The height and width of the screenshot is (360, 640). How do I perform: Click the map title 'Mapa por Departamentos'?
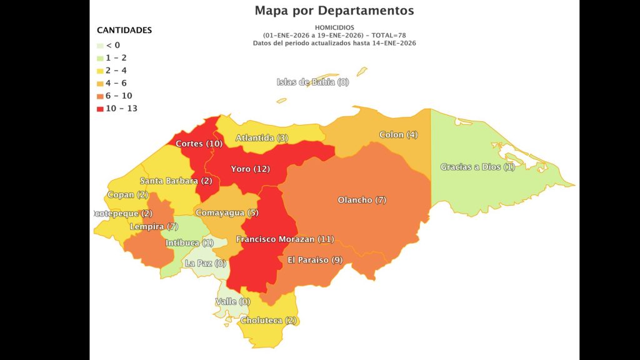coord(334,11)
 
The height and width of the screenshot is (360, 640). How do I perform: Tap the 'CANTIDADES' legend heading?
coord(124,30)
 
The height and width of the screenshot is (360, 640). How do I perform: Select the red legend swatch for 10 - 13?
coord(100,109)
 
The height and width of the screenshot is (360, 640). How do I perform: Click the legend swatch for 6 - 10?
coord(100,96)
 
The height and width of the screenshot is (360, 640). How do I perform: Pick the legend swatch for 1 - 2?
coord(100,58)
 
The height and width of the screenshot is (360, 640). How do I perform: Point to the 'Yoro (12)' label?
coord(250,169)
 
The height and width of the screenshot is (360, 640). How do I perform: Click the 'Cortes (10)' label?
coord(199,144)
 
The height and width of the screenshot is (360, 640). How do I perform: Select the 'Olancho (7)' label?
coord(362,200)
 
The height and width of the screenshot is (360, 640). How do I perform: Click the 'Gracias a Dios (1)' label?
coord(477,167)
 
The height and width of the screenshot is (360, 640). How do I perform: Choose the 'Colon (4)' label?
coord(398,135)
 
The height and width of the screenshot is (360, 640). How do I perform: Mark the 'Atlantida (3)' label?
coord(262,138)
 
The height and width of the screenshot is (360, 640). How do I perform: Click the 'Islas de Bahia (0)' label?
coord(312,82)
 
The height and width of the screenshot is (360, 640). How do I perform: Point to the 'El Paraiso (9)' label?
coord(315,260)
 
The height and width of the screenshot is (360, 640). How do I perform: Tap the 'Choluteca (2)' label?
coord(268,321)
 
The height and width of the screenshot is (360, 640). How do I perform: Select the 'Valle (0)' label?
coord(232,302)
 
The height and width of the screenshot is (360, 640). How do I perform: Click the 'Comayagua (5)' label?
coord(227,213)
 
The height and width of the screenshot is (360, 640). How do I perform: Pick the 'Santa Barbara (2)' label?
coord(176,181)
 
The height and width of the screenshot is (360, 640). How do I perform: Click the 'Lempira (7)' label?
coord(154,226)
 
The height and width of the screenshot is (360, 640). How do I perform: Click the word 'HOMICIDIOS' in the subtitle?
coord(334,28)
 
